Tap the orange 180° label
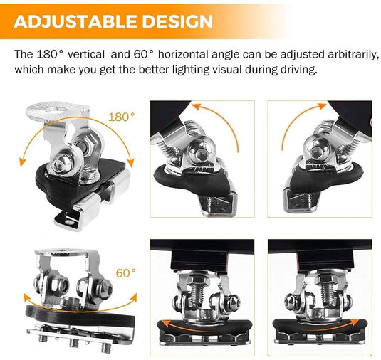click(x=122, y=116)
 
